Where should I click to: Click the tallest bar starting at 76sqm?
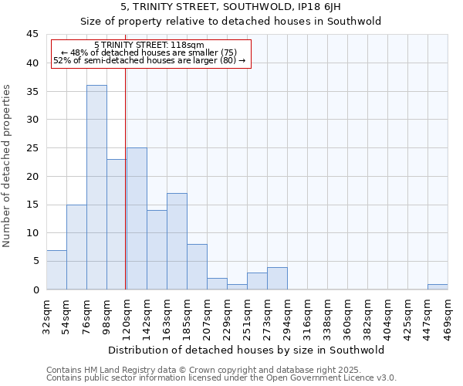tap(96, 188)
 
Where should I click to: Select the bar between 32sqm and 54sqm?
tap(56, 269)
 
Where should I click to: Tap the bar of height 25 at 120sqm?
tap(137, 218)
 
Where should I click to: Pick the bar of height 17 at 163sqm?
tap(177, 241)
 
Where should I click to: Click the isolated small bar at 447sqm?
tap(438, 286)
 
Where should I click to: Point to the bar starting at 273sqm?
tap(277, 278)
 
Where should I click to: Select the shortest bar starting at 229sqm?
tap(237, 286)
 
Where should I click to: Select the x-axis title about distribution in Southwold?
tap(246, 350)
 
